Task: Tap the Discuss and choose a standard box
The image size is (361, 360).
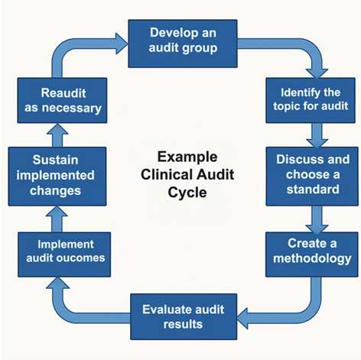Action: pyautogui.click(x=311, y=176)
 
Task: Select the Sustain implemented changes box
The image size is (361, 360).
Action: pyautogui.click(x=53, y=177)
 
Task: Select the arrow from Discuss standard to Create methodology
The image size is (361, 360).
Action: pyautogui.click(x=315, y=216)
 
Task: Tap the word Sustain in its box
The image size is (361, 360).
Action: pyautogui.click(x=53, y=161)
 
